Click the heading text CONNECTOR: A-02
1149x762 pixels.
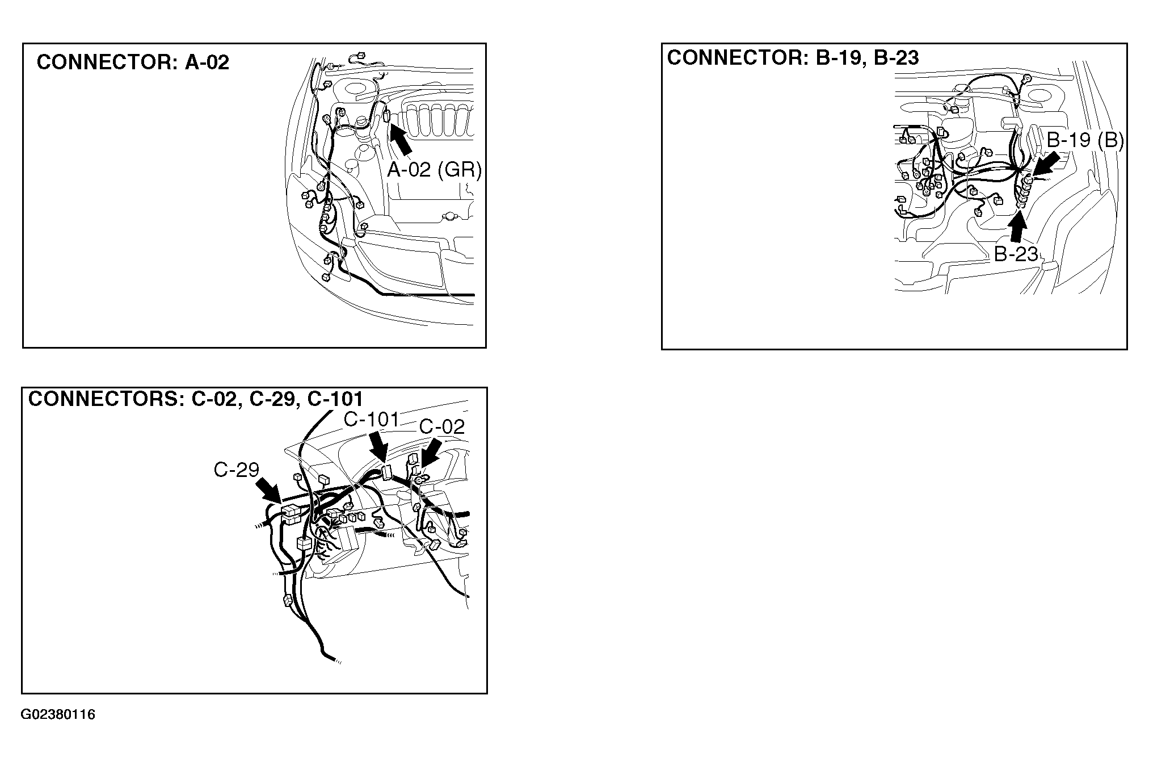pos(133,62)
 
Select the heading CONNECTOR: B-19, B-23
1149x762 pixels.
pos(793,57)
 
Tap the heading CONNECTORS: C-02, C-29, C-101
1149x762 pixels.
pos(196,399)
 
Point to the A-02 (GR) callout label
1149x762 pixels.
pos(434,169)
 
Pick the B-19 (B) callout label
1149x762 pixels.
pos(1085,140)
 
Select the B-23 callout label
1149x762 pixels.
pos(1016,254)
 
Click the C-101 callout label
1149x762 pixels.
pos(372,420)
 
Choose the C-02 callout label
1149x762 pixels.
pos(442,426)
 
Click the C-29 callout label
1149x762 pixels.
pos(237,470)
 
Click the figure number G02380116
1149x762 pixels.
pos(58,714)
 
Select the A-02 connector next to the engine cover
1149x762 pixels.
pos(386,116)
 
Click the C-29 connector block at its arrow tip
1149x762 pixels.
pos(291,513)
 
